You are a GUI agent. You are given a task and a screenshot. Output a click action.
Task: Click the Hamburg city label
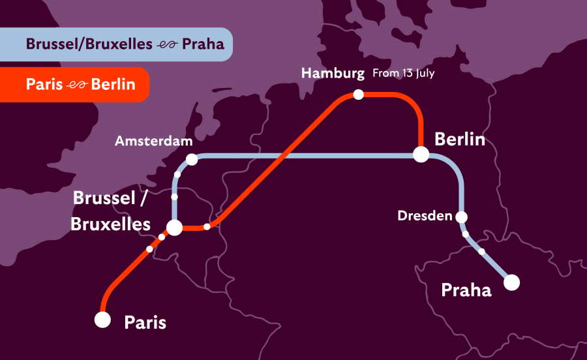point(333,73)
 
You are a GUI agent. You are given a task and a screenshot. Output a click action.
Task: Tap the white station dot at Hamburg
point(358,95)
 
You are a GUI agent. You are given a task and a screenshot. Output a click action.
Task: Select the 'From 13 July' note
point(403,74)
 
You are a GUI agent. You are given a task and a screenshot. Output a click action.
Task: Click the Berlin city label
point(460,139)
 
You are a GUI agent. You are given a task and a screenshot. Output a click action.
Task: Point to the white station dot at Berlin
point(421,155)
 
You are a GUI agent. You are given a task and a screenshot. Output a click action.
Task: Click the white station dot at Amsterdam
point(192,159)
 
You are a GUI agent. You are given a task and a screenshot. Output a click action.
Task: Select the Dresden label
point(425,215)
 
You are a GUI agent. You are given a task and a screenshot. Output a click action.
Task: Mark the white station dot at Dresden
point(462,217)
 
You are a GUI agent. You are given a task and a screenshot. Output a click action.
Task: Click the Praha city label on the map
point(466,290)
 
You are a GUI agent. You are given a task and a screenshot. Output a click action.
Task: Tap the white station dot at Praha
point(511,282)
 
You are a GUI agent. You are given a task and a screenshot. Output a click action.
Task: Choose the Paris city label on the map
point(145,322)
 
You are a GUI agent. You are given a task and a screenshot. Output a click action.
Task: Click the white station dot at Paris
point(102,320)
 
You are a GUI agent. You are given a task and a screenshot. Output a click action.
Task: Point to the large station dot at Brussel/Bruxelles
point(175,227)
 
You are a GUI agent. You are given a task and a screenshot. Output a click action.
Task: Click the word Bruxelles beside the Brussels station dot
point(110,224)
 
